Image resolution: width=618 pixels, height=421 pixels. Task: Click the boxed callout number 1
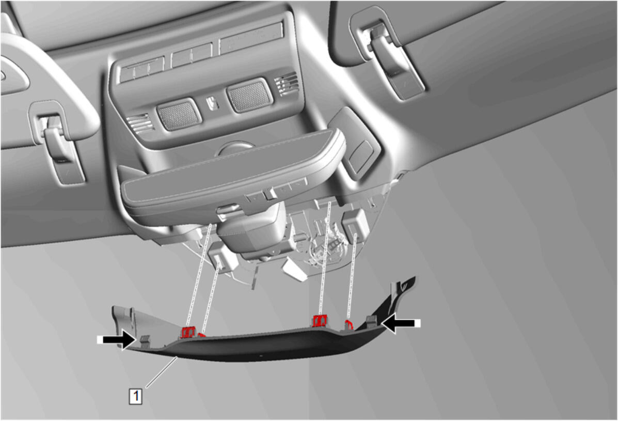point(136,395)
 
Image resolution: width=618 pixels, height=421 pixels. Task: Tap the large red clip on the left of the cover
point(188,332)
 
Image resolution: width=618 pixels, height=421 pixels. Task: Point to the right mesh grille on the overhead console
point(249,96)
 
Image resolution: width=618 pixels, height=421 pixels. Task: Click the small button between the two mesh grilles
point(213,103)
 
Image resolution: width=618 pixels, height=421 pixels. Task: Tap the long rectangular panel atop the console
point(251,37)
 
